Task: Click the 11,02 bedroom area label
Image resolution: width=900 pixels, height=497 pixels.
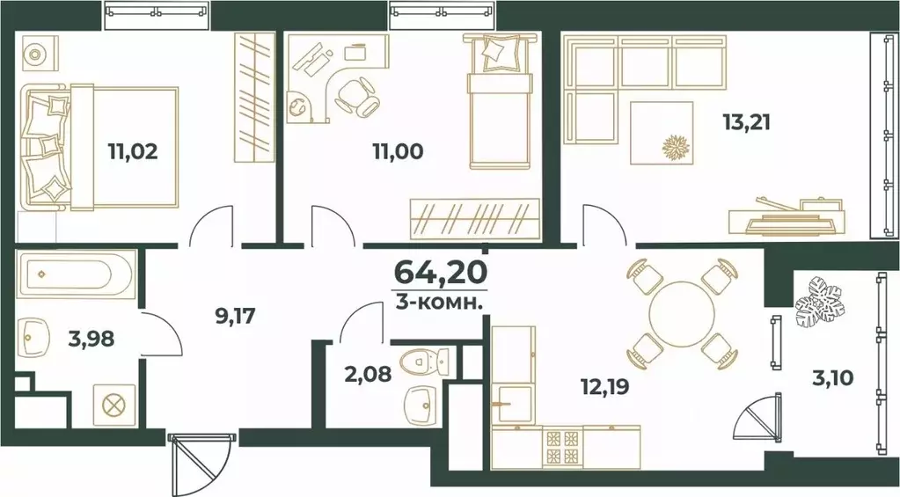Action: [x=133, y=151]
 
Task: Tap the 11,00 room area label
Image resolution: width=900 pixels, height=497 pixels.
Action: [x=398, y=151]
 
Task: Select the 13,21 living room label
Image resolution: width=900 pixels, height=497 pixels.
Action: [x=746, y=122]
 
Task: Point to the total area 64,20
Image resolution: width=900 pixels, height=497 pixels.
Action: [x=441, y=272]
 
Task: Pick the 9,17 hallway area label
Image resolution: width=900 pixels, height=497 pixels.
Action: [x=235, y=316]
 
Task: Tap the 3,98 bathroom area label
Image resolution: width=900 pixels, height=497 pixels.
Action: [x=91, y=339]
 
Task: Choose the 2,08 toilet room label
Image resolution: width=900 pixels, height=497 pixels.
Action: [x=368, y=374]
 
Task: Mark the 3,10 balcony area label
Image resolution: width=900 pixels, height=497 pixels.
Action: [x=833, y=378]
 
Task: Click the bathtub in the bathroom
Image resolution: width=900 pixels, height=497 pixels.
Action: [x=76, y=274]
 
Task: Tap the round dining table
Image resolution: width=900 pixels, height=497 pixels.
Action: [x=682, y=313]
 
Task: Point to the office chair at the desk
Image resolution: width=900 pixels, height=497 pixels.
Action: [x=357, y=95]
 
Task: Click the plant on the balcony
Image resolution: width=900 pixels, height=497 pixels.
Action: [x=820, y=302]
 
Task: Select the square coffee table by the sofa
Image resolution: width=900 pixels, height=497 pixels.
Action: [x=662, y=133]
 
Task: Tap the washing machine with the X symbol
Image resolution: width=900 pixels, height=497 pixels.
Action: [x=114, y=406]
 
